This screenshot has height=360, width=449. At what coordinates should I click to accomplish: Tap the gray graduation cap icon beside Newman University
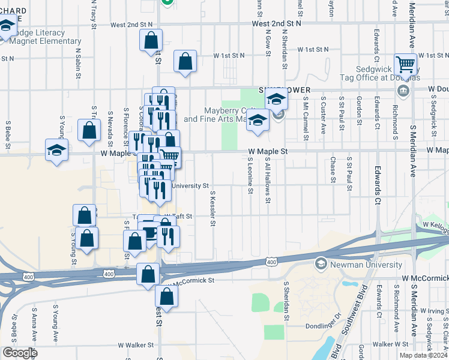tap(321, 264)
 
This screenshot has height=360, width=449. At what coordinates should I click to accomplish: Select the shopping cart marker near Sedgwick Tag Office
tap(406, 64)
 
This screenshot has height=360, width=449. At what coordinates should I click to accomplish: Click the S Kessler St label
tap(213, 209)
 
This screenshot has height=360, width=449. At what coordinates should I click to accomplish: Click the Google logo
tap(20, 353)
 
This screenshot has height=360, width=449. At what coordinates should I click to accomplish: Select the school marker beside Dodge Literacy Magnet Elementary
tap(7, 28)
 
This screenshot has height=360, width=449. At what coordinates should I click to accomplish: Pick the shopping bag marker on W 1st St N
tap(185, 61)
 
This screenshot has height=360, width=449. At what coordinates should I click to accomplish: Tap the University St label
tap(190, 186)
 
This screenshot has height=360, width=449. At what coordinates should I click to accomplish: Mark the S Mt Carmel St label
tap(306, 116)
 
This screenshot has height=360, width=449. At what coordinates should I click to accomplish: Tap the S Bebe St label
tap(8, 134)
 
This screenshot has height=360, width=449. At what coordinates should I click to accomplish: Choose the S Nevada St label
tap(111, 128)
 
